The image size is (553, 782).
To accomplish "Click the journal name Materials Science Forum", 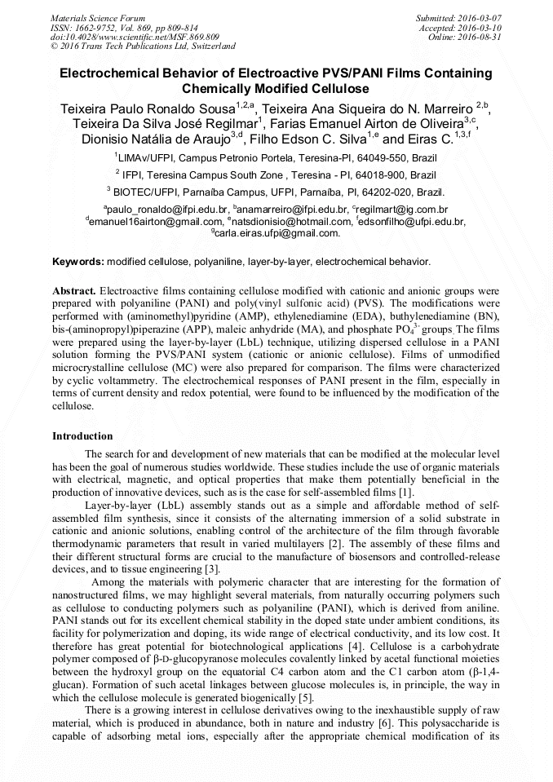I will [98, 17].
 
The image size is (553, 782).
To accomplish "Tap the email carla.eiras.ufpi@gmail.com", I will [278, 233].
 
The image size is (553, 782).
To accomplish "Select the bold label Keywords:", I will [78, 262].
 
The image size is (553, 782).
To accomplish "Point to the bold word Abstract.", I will [74, 290].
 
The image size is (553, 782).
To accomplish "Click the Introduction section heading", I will [82, 436].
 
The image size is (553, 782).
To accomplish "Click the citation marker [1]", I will [405, 492].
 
